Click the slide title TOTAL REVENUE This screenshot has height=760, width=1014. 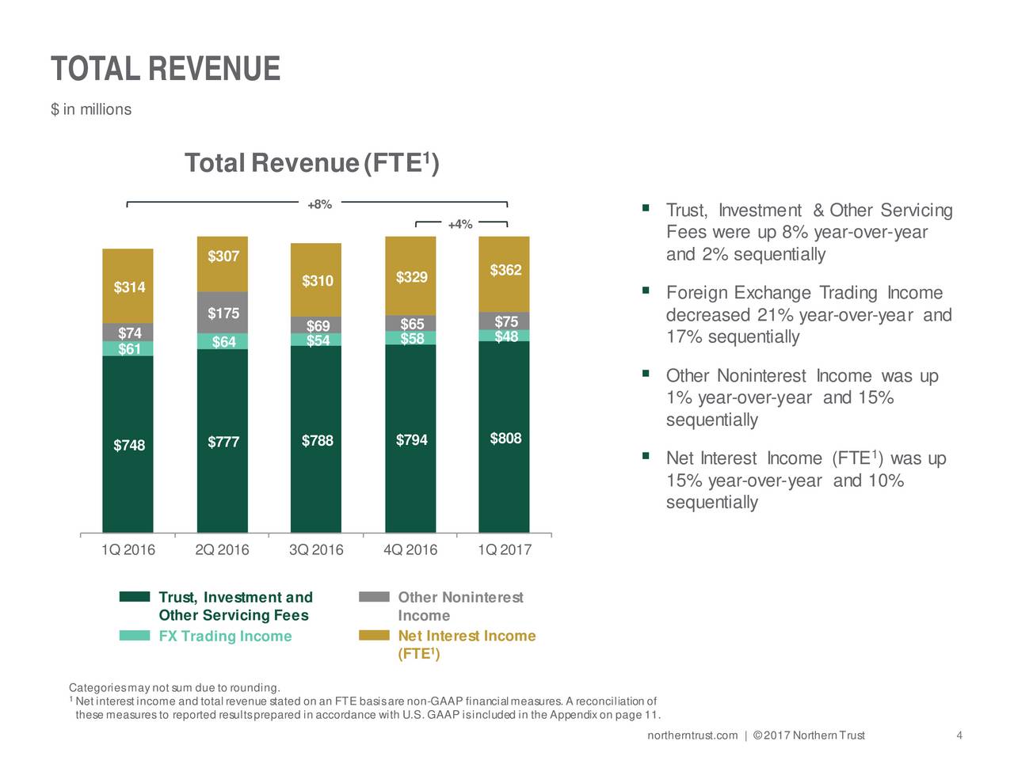[165, 69]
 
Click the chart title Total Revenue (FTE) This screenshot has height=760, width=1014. [311, 163]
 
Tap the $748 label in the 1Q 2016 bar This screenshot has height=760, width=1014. [129, 446]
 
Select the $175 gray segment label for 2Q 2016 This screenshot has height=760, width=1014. [223, 313]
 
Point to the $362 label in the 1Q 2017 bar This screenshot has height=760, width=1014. [505, 271]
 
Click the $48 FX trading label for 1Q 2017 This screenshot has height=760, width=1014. [505, 337]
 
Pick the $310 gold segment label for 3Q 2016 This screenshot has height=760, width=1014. [317, 281]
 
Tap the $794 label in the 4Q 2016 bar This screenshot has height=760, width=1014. [411, 440]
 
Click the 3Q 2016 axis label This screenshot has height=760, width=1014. [316, 550]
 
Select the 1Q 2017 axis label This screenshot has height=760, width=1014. [505, 550]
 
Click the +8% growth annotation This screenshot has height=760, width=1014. [319, 205]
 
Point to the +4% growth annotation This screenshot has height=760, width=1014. [459, 225]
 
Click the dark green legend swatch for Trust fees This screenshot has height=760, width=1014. [135, 597]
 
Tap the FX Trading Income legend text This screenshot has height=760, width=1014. [225, 636]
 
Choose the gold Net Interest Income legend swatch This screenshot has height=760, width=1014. [374, 635]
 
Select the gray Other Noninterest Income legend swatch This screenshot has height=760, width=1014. [374, 597]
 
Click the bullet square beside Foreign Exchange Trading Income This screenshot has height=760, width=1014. [646, 291]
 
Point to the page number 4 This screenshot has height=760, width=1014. [959, 736]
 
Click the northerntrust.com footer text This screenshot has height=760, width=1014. [692, 736]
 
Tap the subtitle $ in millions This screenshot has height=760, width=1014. [91, 109]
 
